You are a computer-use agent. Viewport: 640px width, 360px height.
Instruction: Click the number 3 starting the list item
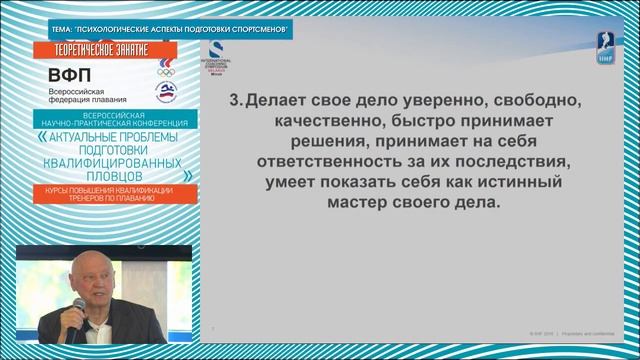[x=235, y=102]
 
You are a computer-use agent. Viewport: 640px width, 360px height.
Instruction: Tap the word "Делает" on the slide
[x=278, y=102]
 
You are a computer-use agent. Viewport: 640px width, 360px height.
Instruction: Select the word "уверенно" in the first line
[x=465, y=102]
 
